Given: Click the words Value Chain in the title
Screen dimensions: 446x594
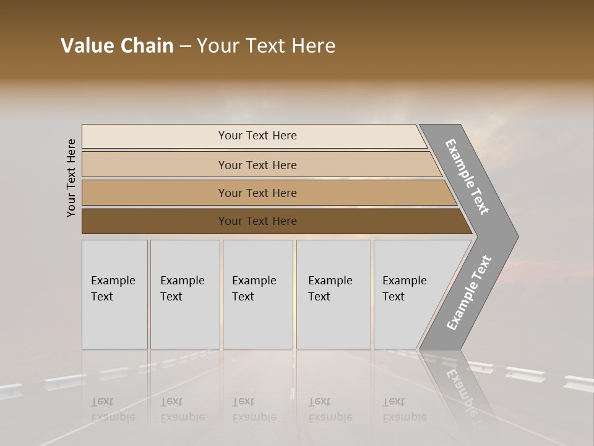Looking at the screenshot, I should tap(117, 46).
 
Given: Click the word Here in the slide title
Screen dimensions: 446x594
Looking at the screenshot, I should tap(313, 46).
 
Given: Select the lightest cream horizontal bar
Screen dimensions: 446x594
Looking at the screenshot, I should tap(155, 136).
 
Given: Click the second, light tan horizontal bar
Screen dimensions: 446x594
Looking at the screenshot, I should tap(155, 165).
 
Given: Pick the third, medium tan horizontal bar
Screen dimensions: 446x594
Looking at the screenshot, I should tap(155, 193).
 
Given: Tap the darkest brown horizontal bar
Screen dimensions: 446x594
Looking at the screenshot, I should tap(155, 221).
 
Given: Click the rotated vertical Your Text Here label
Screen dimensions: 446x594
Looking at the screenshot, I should tap(71, 178).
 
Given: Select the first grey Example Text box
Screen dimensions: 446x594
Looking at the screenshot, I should tap(114, 294).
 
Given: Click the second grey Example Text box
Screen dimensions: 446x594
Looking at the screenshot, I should tap(185, 294).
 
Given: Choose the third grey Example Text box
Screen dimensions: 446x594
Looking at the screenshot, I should tap(257, 294).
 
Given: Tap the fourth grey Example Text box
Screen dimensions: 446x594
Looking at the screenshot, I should tap(334, 294).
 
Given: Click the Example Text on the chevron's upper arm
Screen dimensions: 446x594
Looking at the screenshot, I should tap(467, 177).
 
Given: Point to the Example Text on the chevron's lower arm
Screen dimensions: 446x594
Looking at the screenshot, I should tap(468, 292).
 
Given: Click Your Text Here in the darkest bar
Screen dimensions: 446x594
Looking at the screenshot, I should tap(257, 221).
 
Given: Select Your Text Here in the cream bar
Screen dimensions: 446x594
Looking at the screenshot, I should tap(257, 136).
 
